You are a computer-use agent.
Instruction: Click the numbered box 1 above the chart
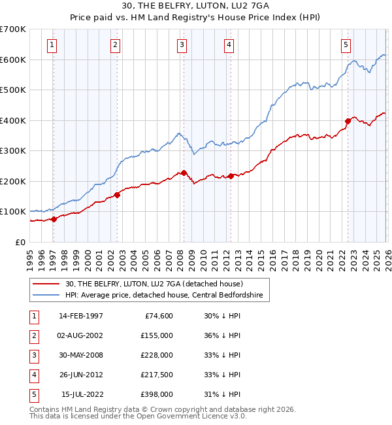click(x=52, y=45)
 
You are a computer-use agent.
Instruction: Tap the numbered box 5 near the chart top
click(x=346, y=45)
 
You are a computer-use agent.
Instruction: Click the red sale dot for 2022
click(x=348, y=121)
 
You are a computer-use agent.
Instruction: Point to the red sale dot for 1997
click(x=54, y=219)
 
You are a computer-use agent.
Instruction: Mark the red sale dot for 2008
click(x=184, y=173)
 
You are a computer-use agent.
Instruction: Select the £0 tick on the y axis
click(x=21, y=242)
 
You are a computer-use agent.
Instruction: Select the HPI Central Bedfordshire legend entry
click(x=163, y=296)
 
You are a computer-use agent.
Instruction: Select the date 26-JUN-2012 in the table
click(x=80, y=375)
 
